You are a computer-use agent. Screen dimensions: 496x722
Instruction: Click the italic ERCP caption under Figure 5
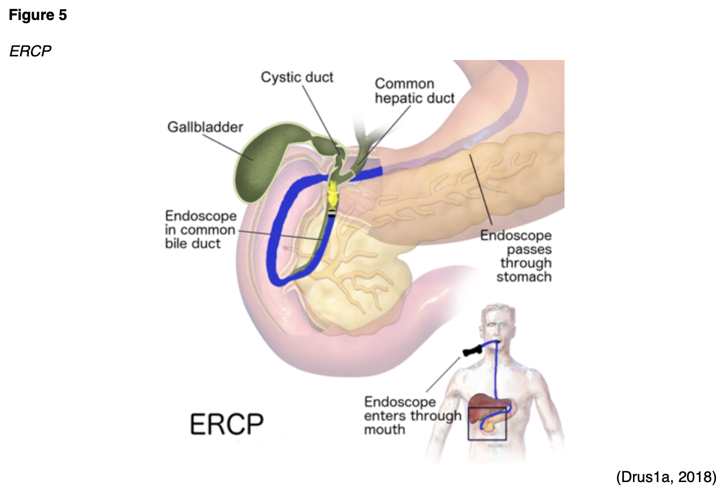tap(30, 51)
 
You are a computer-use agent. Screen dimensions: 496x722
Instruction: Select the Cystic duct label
tap(297, 78)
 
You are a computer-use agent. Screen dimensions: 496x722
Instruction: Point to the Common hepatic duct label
tap(414, 91)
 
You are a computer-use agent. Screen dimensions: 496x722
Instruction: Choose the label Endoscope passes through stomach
tap(516, 256)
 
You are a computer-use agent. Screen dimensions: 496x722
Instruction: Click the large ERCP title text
tap(227, 425)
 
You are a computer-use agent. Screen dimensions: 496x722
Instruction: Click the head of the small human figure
tap(497, 324)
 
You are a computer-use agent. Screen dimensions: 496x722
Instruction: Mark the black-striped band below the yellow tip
tap(333, 213)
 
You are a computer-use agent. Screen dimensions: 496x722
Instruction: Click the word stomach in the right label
tap(524, 277)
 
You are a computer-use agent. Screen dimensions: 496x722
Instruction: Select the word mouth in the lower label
tap(385, 429)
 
